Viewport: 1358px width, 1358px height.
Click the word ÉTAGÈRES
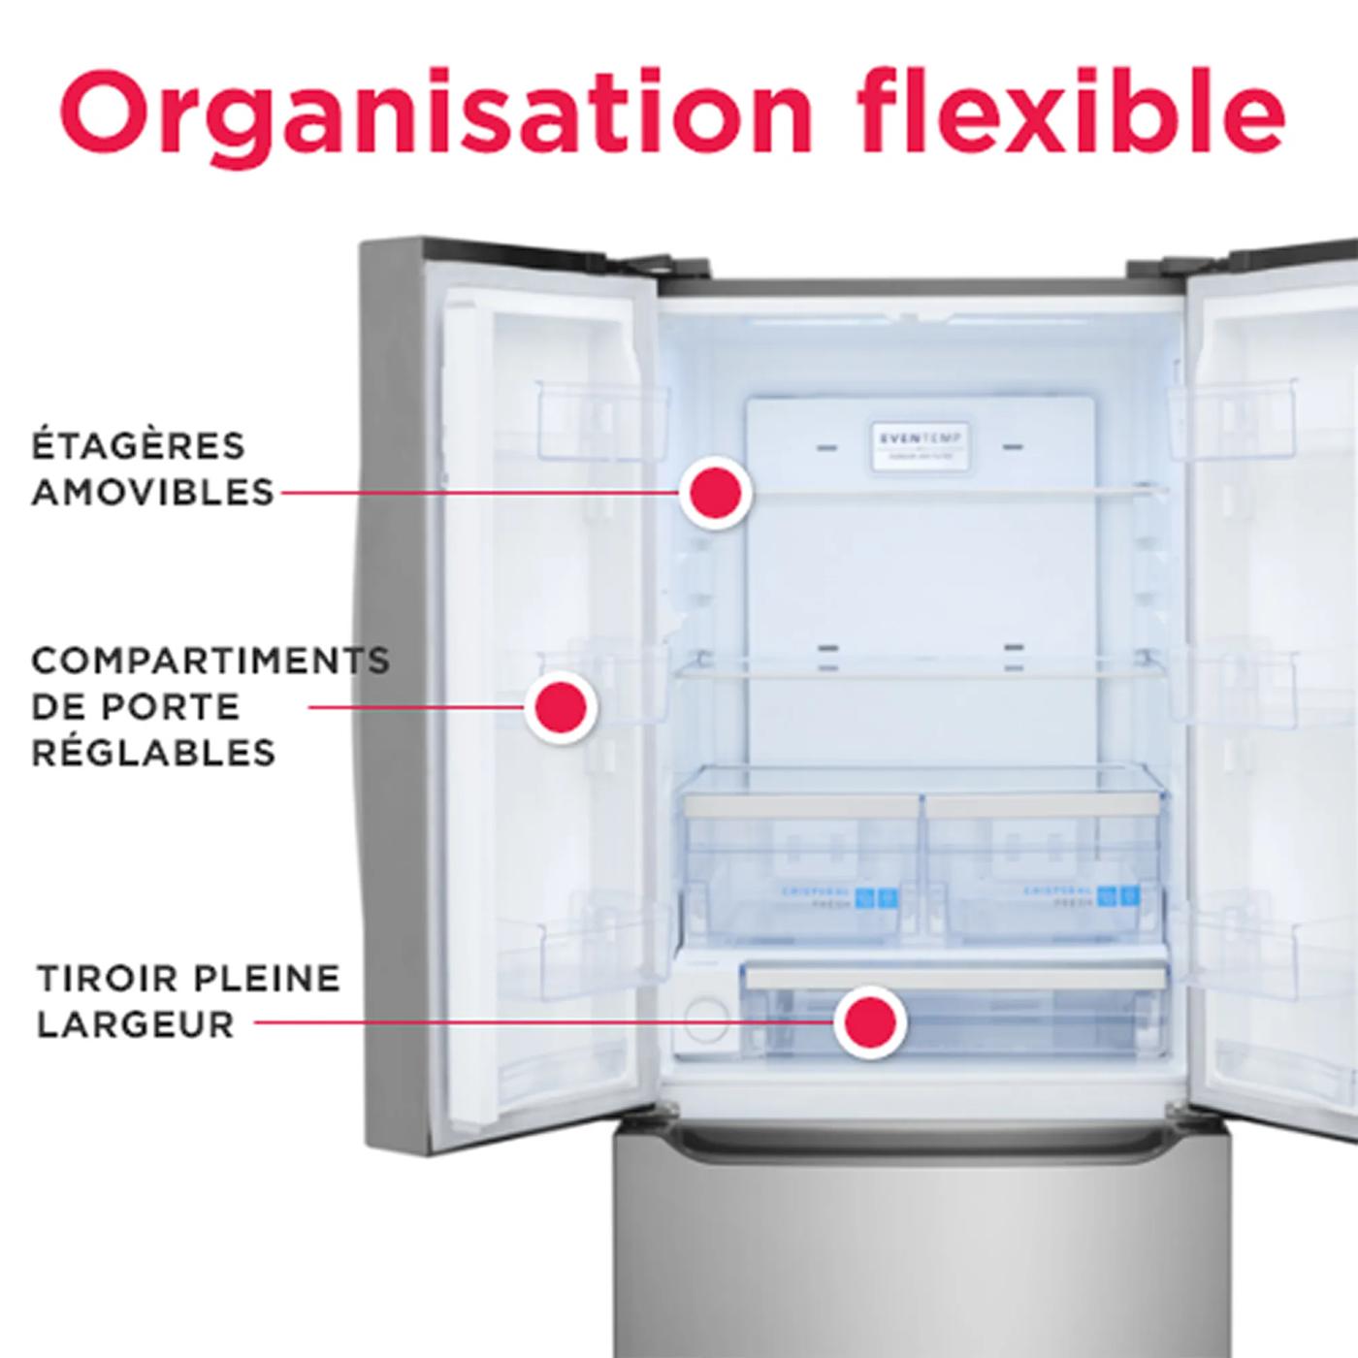tap(139, 446)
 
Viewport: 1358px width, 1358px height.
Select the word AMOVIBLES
tap(153, 493)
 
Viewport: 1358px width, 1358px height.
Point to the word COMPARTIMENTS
tap(210, 662)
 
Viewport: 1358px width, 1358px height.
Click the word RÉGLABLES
tap(153, 753)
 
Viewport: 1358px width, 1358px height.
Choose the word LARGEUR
tap(136, 1024)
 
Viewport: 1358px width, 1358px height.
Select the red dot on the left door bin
tap(561, 706)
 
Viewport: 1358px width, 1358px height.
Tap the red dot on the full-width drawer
tap(870, 1021)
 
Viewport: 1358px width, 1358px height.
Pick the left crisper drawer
tap(801, 863)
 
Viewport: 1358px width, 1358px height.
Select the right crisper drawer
tap(1044, 863)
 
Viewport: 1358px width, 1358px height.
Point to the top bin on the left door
tap(601, 417)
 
